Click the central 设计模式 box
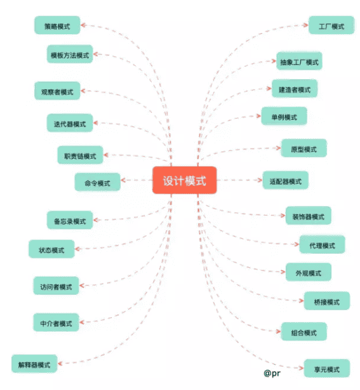click(x=185, y=180)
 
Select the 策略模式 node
click(x=57, y=25)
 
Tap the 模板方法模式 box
click(x=70, y=55)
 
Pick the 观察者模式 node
click(x=57, y=91)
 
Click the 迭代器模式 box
click(x=70, y=123)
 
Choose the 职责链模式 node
click(x=80, y=155)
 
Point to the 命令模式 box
click(x=98, y=182)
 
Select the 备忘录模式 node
click(x=70, y=221)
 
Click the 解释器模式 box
click(x=34, y=364)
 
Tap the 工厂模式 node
click(x=331, y=25)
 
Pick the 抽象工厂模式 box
click(x=299, y=61)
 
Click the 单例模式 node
click(x=284, y=116)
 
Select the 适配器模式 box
click(x=286, y=181)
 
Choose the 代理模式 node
click(x=322, y=245)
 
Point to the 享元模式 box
click(x=327, y=368)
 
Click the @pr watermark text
click(x=272, y=373)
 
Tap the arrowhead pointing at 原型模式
click(x=278, y=148)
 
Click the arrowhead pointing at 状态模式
click(x=77, y=249)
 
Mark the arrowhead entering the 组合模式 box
click(x=278, y=331)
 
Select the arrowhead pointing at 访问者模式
click(x=82, y=285)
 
